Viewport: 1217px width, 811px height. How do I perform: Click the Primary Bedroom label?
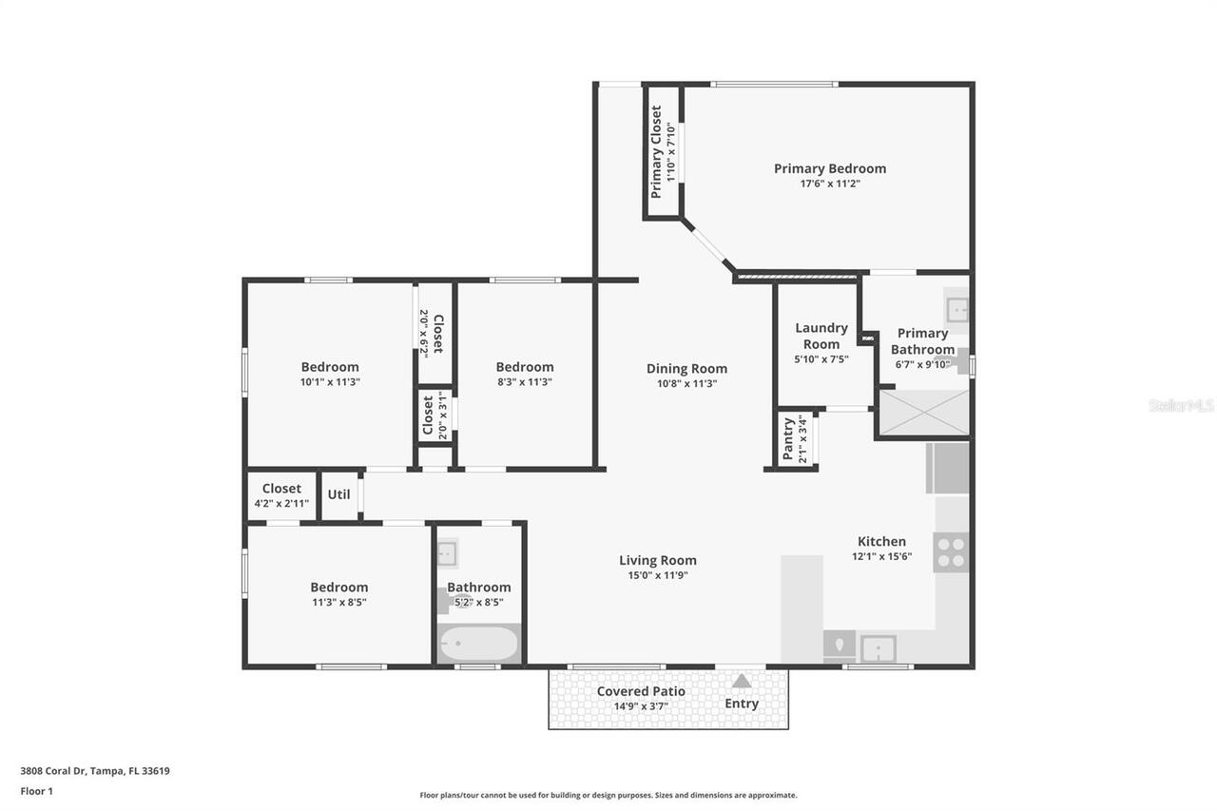click(829, 168)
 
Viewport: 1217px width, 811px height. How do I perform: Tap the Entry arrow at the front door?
click(741, 681)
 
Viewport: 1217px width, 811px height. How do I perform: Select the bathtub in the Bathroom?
click(479, 644)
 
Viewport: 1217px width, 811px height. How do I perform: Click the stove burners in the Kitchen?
click(951, 551)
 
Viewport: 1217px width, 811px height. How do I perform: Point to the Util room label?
click(338, 494)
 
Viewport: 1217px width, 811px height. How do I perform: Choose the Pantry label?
click(788, 438)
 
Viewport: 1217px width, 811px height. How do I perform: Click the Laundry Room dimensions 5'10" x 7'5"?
click(821, 359)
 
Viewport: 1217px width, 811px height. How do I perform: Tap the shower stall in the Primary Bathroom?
click(922, 413)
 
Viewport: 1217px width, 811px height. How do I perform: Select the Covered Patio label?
click(641, 691)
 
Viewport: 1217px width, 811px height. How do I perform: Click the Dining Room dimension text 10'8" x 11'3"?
click(686, 383)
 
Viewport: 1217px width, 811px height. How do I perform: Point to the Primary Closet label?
click(656, 151)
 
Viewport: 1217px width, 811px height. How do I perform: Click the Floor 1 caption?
click(37, 790)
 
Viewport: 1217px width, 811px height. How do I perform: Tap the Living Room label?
click(658, 560)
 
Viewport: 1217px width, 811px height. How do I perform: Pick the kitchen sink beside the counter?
click(878, 649)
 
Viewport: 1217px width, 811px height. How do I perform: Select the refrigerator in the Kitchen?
click(947, 468)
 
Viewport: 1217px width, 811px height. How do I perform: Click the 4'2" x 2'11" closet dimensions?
click(281, 503)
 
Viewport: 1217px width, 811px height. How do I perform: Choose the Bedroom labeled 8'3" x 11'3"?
click(524, 367)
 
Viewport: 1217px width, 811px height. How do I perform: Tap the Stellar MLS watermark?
click(1181, 405)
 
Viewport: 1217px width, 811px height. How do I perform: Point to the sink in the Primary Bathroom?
click(956, 309)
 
